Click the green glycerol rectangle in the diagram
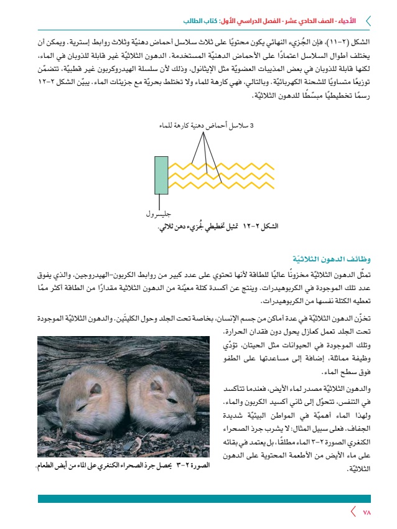pyautogui.click(x=161, y=175)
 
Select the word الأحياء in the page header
pyautogui.click(x=345, y=21)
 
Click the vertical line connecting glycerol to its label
pyautogui.click(x=161, y=202)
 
